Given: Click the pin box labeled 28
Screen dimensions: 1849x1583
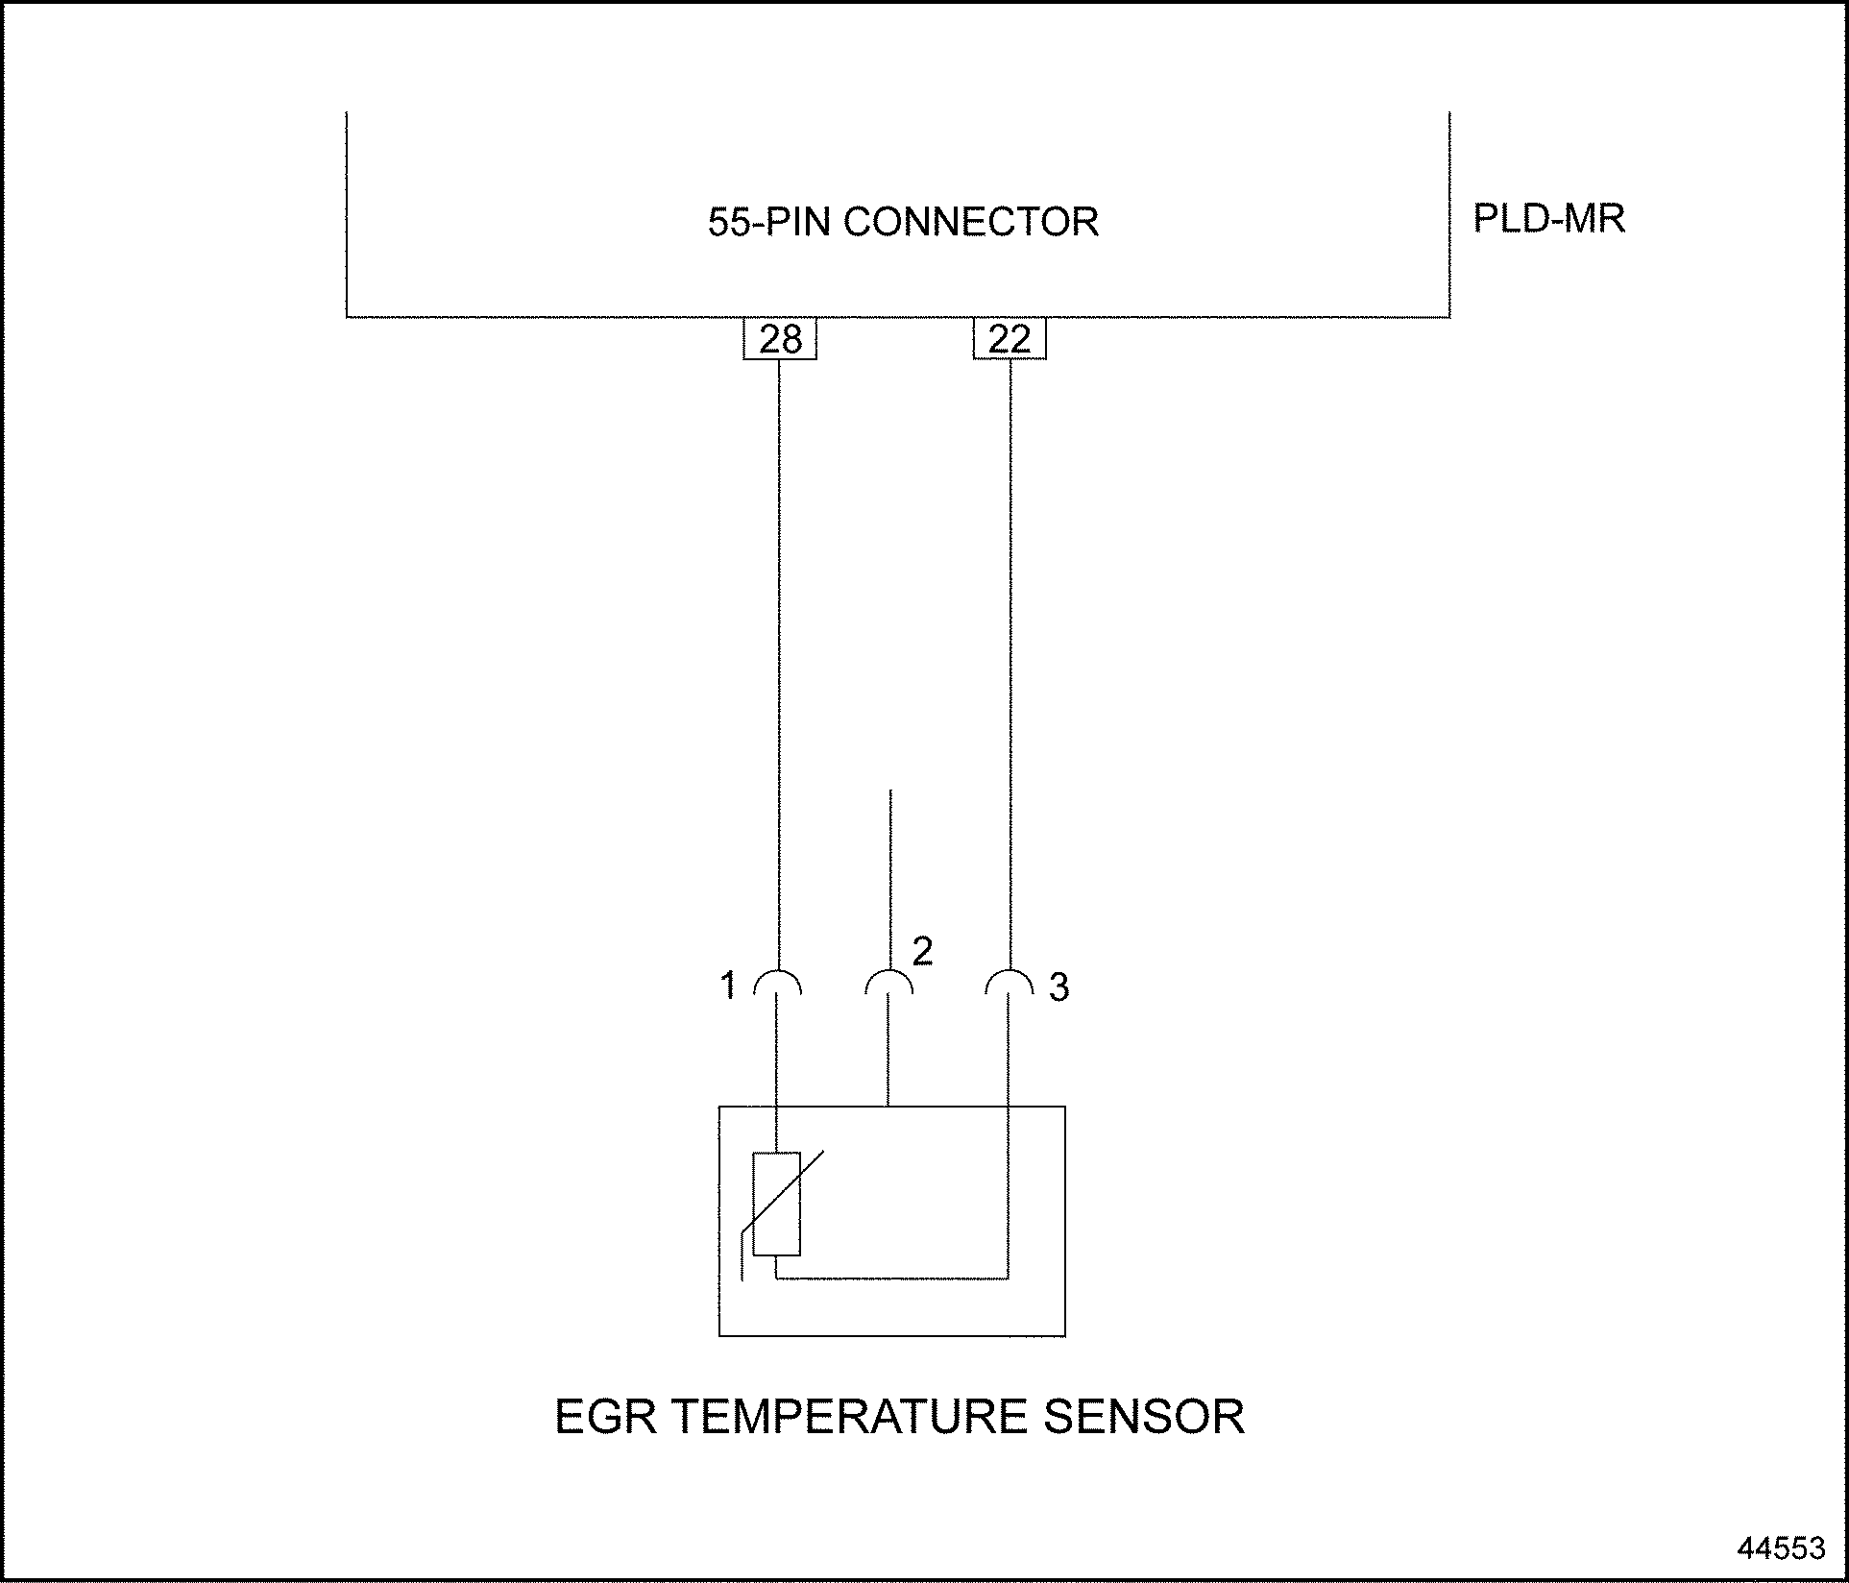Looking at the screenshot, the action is coord(779,339).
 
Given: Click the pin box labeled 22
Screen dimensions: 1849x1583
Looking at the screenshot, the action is coord(1009,339).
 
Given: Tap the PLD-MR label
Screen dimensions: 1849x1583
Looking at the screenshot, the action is coord(1548,219).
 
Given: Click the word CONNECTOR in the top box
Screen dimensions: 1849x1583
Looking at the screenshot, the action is coord(971,222).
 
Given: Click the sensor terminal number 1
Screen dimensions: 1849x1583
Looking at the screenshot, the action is coord(728,986).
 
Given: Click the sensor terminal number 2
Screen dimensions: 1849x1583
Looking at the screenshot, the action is coord(922,951).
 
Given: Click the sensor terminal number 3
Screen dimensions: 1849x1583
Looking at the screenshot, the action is coord(1058,987).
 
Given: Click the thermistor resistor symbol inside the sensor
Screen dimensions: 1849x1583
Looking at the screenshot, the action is coord(777,1205).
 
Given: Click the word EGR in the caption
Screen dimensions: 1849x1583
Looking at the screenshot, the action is coord(606,1417).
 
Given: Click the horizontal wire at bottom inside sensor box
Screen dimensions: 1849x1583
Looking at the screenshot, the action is coord(893,1279).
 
